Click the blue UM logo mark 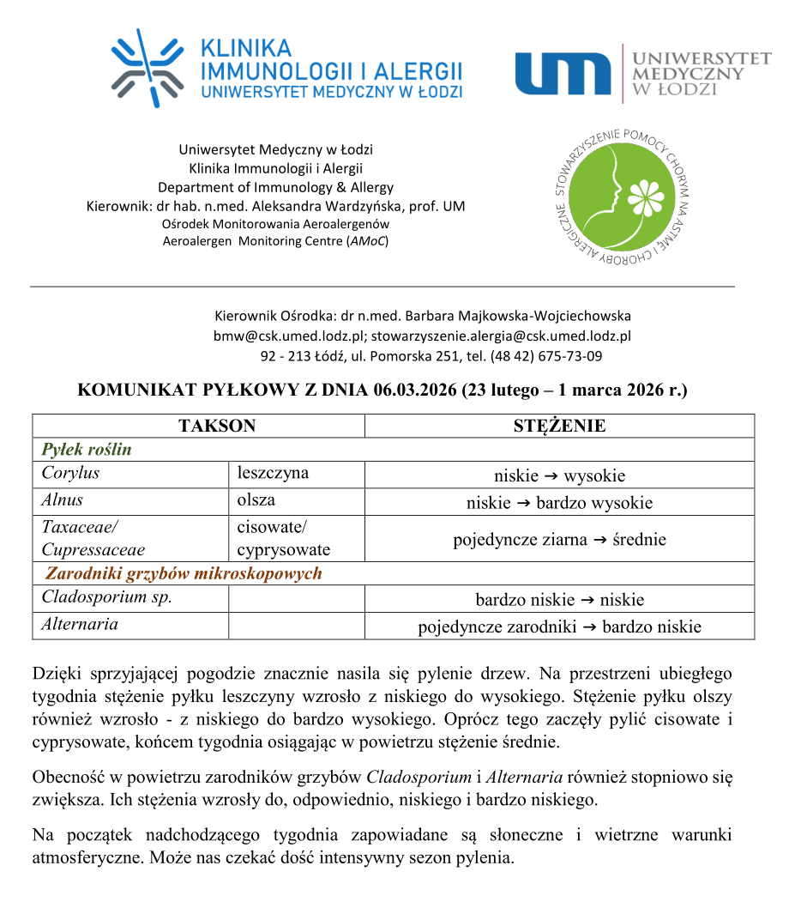[563, 73]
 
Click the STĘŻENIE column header [559, 426]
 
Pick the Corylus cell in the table [70, 473]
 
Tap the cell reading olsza [256, 499]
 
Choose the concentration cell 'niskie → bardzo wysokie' [559, 502]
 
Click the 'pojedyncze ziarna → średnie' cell [559, 539]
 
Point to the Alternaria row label [80, 624]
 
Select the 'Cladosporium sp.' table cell [106, 597]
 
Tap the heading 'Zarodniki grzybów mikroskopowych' [184, 573]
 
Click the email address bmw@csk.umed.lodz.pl [287, 336]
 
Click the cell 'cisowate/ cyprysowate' [283, 538]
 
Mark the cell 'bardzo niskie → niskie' [559, 599]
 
